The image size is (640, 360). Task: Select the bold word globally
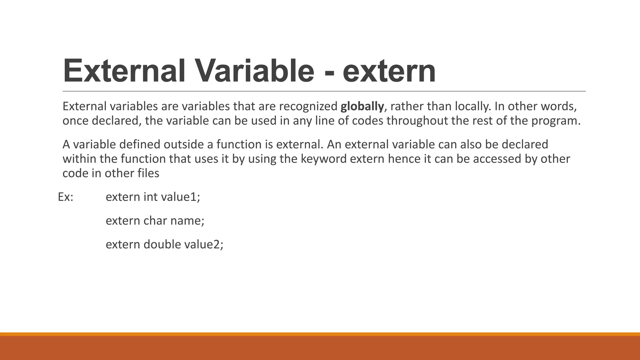pos(362,107)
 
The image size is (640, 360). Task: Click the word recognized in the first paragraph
pos(308,107)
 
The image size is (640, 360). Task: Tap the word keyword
pos(323,159)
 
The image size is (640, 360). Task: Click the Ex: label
pos(66,197)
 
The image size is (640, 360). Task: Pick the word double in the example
pos(162,244)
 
